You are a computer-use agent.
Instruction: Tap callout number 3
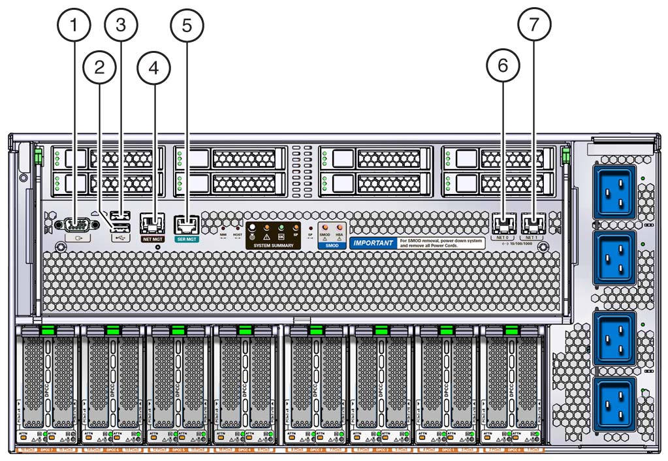tap(121, 26)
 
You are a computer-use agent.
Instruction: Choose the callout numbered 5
tap(187, 26)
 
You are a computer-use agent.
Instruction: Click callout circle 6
tap(503, 66)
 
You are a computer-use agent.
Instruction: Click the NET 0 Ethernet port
tap(503, 224)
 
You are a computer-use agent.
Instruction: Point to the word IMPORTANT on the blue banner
tap(374, 243)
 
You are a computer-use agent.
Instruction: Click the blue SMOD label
tap(332, 246)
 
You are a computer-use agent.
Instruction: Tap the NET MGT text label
tap(152, 240)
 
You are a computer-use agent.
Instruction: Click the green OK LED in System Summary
tap(281, 227)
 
